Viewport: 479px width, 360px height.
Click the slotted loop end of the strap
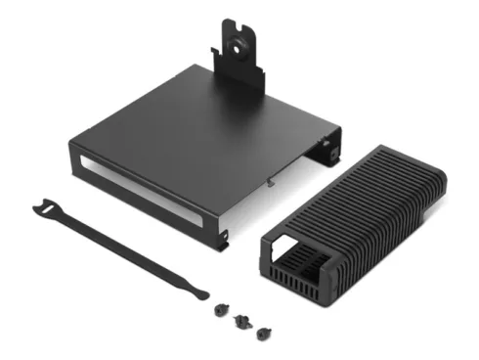click(x=47, y=206)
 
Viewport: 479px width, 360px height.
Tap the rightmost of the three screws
click(x=261, y=333)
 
